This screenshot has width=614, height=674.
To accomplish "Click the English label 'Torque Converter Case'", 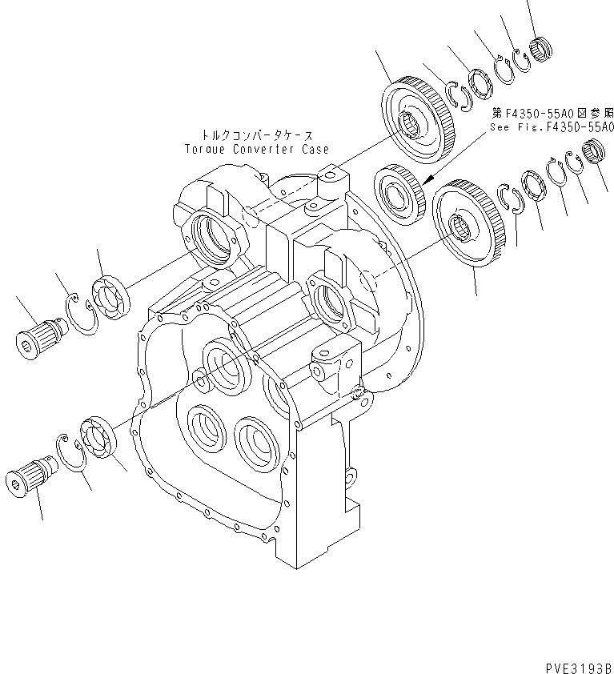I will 256,149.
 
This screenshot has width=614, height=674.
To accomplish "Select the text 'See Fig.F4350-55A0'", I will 552,126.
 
